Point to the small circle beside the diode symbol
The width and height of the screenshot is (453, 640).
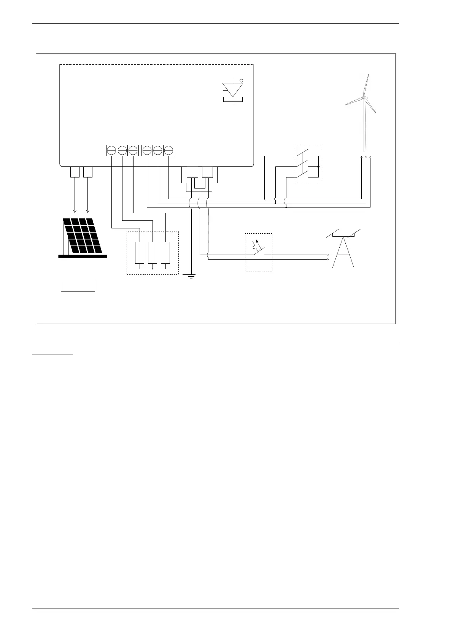[x=242, y=81]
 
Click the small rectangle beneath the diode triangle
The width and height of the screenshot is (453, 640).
[x=232, y=100]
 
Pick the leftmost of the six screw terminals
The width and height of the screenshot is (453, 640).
[x=111, y=150]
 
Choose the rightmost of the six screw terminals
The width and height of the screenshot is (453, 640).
[x=169, y=150]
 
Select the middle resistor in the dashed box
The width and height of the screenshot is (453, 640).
[x=153, y=252]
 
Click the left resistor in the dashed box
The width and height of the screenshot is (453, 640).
[x=140, y=252]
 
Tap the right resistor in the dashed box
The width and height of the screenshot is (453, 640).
[x=165, y=252]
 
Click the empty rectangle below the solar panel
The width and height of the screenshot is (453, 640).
[x=78, y=286]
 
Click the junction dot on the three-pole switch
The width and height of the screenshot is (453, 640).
[x=318, y=166]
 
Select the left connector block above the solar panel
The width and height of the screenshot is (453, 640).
[x=75, y=172]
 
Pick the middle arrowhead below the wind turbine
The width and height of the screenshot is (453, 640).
[x=366, y=157]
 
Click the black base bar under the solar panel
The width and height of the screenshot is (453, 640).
[x=83, y=256]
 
